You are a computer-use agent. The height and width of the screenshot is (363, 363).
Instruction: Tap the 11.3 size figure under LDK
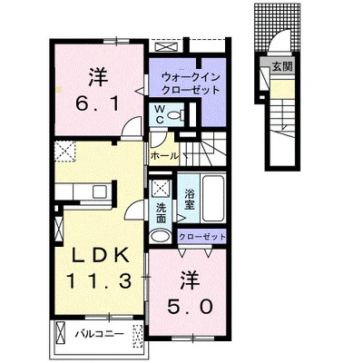99,281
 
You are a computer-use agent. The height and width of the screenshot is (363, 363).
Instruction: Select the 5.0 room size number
190,308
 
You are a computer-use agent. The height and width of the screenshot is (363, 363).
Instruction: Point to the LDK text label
100,257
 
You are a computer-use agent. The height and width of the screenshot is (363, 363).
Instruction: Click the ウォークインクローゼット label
191,83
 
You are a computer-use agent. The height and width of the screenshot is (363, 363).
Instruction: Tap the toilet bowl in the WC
174,115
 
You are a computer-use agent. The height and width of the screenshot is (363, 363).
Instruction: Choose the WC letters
160,114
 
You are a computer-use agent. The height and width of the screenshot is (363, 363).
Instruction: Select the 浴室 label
189,200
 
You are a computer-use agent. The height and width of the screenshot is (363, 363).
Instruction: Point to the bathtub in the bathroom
213,198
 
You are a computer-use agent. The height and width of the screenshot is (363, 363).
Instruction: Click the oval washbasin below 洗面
162,236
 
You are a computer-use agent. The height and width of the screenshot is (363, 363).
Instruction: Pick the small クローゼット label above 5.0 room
201,237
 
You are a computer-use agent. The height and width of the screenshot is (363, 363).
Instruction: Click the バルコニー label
100,334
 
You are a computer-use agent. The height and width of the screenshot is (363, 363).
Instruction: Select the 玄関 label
282,67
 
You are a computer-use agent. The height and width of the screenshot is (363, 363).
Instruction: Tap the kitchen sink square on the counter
100,191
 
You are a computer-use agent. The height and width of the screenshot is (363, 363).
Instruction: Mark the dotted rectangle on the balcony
137,336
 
